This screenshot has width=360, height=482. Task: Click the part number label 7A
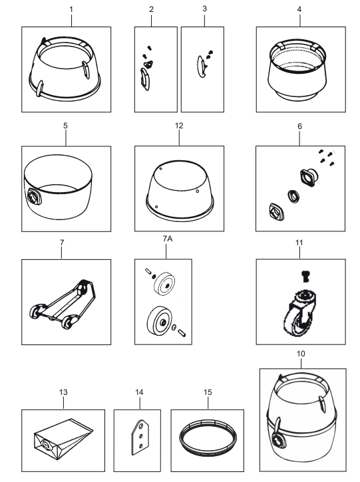168,239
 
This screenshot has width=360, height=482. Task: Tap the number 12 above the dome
179,126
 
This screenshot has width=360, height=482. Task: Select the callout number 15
208,392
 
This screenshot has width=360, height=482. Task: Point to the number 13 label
63,392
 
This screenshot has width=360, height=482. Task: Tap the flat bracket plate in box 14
140,437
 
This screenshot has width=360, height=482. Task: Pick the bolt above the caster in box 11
305,276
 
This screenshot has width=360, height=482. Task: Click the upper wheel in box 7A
164,283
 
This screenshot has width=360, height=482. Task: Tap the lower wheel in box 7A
159,321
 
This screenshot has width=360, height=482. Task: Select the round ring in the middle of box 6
294,196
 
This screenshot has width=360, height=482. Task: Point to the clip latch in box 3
202,66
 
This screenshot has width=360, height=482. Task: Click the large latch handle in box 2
144,79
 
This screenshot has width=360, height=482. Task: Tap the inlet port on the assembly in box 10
279,440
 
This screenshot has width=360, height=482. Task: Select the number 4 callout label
299,9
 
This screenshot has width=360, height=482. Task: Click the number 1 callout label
71,9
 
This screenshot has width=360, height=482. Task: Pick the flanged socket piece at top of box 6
309,178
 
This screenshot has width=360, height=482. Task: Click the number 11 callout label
299,243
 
